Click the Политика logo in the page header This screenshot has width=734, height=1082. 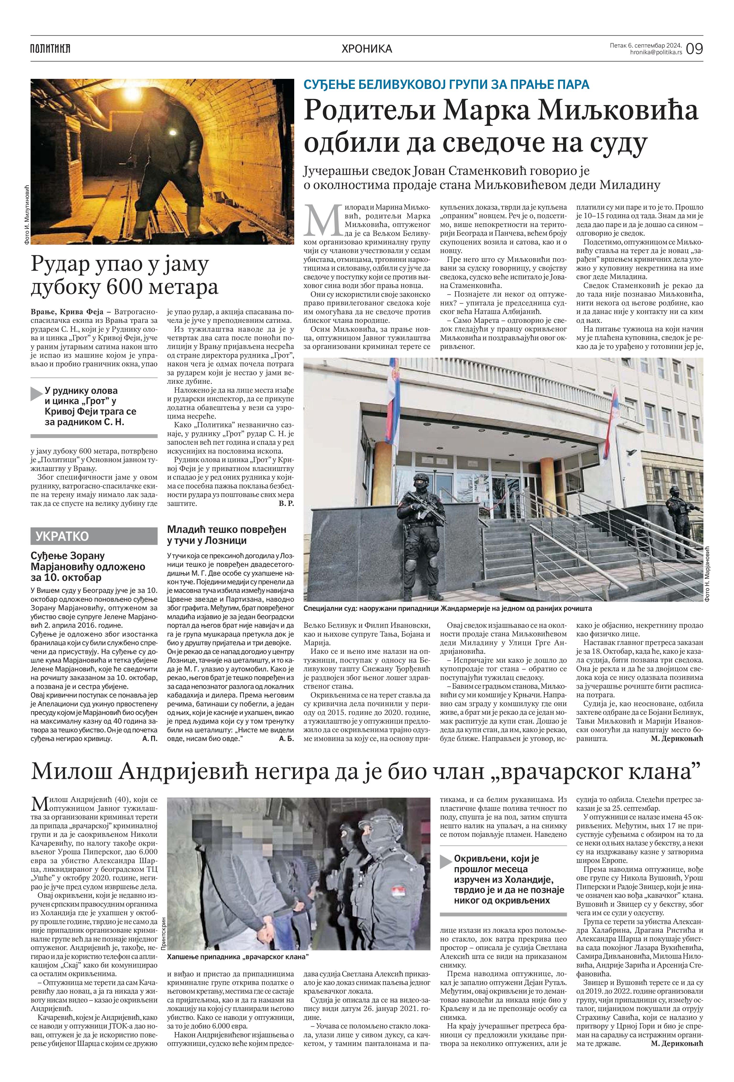[x=50, y=49]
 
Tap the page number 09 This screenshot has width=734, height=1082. [x=694, y=49]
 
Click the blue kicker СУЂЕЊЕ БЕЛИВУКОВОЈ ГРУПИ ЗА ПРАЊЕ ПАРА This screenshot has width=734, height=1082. [x=446, y=84]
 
